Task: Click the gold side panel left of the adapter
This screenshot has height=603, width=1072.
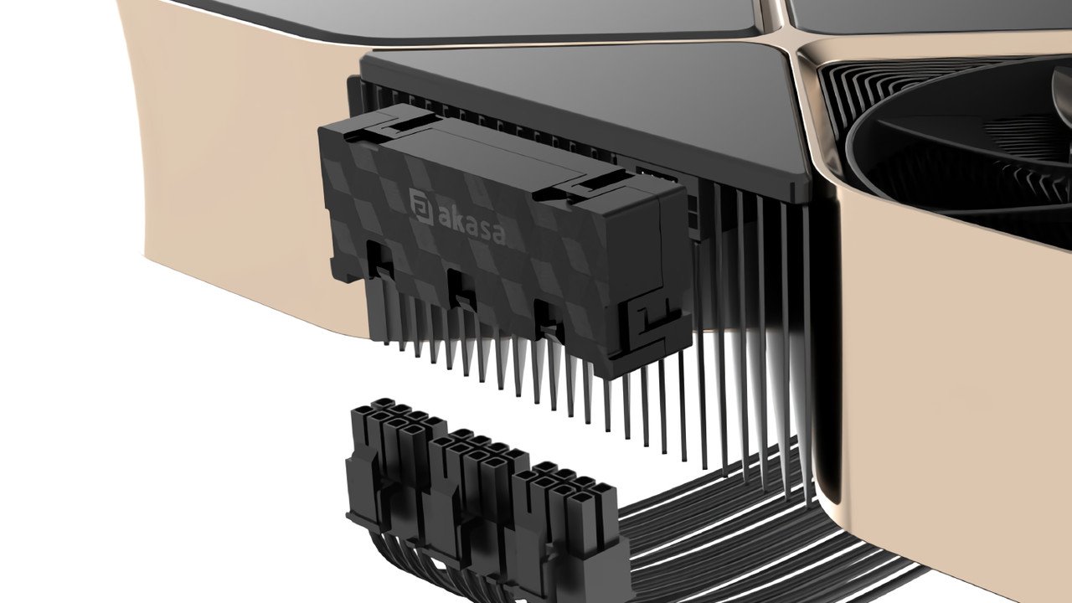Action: pos(218,167)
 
